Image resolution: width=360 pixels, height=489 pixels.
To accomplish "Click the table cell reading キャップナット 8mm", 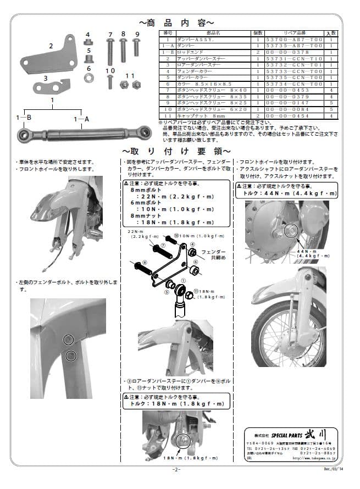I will (197, 116).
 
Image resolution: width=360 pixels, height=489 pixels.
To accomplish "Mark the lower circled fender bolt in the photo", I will (70, 357).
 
